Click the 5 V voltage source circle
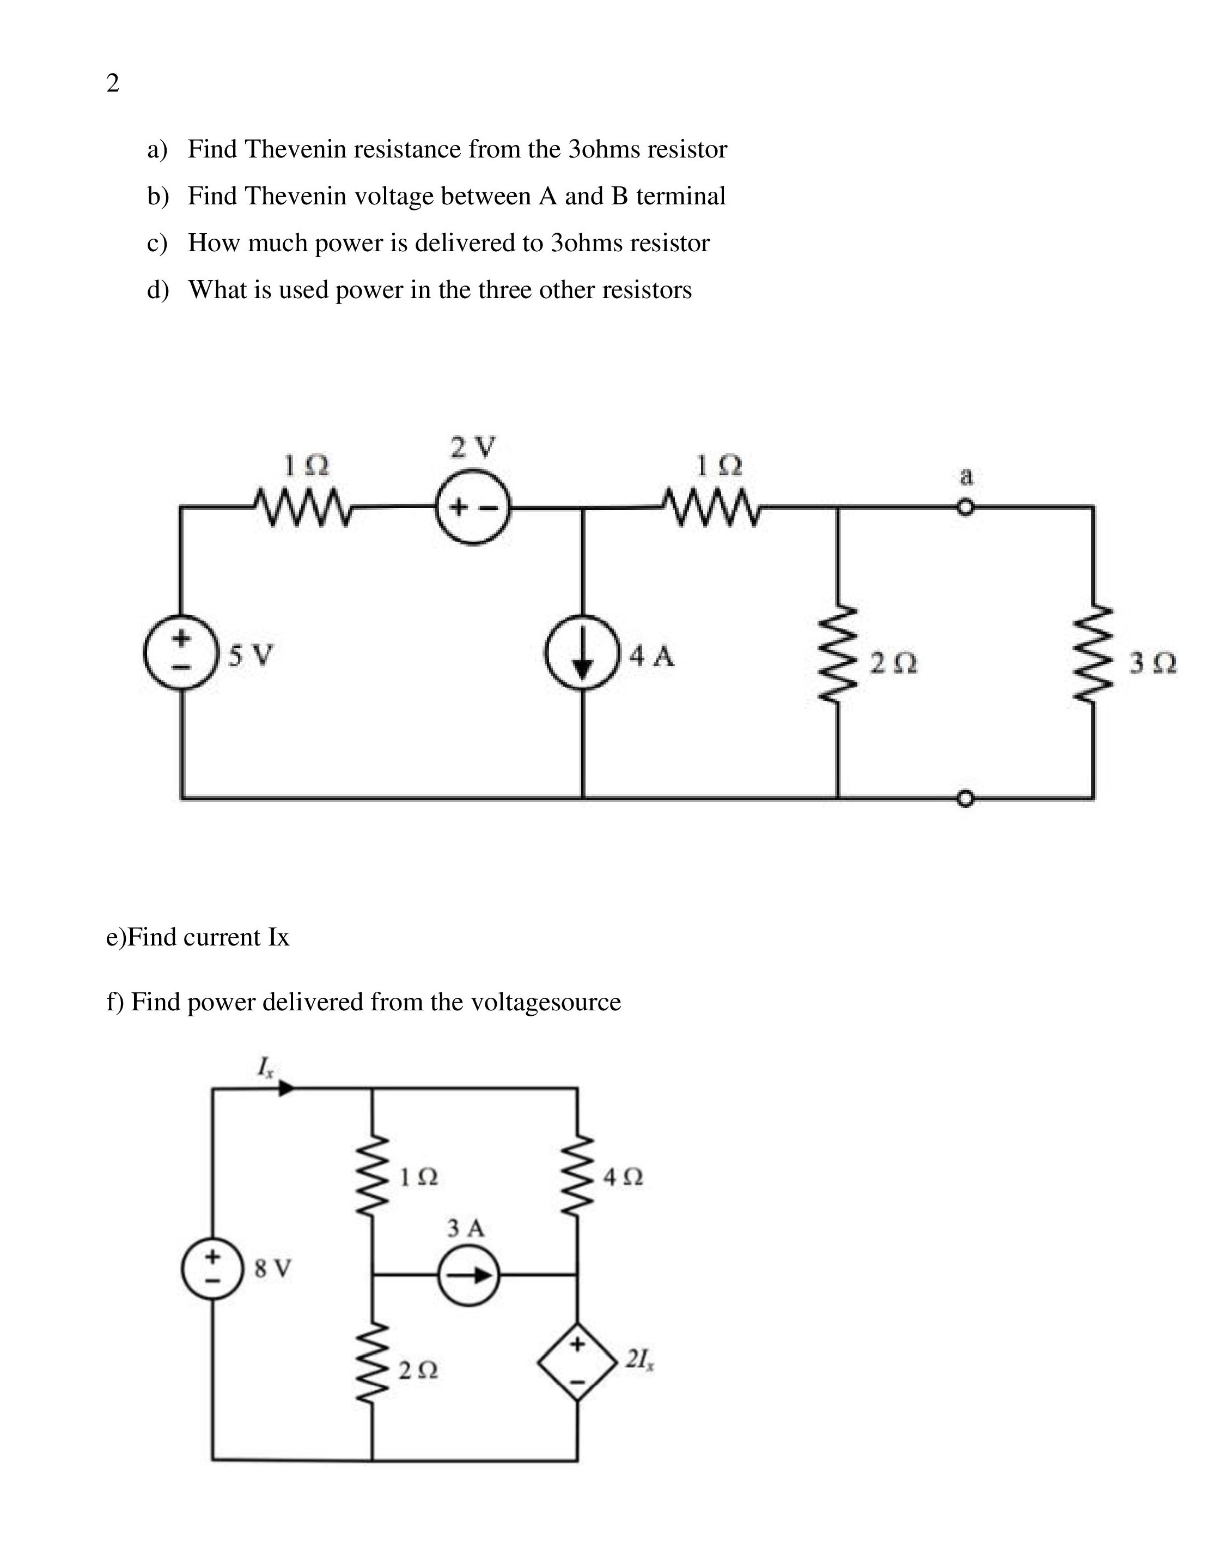coord(181,652)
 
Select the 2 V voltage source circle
coord(473,508)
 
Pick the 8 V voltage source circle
coord(212,1269)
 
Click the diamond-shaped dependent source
coord(577,1362)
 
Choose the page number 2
coord(113,83)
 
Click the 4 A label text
coord(651,656)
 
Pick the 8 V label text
coord(273,1269)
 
